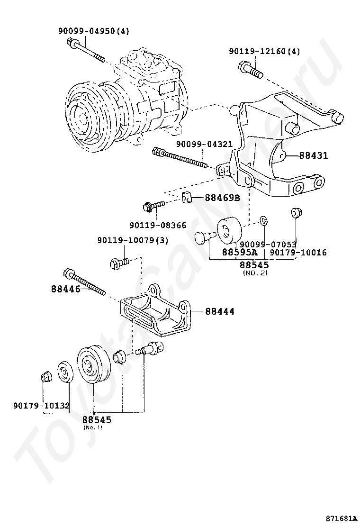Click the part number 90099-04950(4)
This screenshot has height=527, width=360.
point(94,31)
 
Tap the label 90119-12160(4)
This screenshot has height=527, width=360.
point(265,51)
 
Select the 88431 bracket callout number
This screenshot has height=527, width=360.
point(313,155)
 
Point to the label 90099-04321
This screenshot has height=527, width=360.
point(205,144)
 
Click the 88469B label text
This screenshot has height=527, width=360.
point(222,198)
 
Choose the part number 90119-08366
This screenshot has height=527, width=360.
point(157,225)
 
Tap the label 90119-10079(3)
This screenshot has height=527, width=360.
point(133,240)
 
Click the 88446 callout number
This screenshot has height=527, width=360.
point(66,289)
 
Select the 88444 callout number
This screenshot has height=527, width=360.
point(220,311)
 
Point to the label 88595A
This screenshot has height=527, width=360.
point(239,252)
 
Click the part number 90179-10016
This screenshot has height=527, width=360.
point(298,253)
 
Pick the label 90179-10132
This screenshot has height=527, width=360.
point(42,406)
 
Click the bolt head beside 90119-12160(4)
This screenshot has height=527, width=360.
point(243,66)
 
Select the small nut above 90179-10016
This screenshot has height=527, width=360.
point(296,213)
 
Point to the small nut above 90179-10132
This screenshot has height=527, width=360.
point(45,377)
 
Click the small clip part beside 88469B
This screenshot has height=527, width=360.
point(187,198)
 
